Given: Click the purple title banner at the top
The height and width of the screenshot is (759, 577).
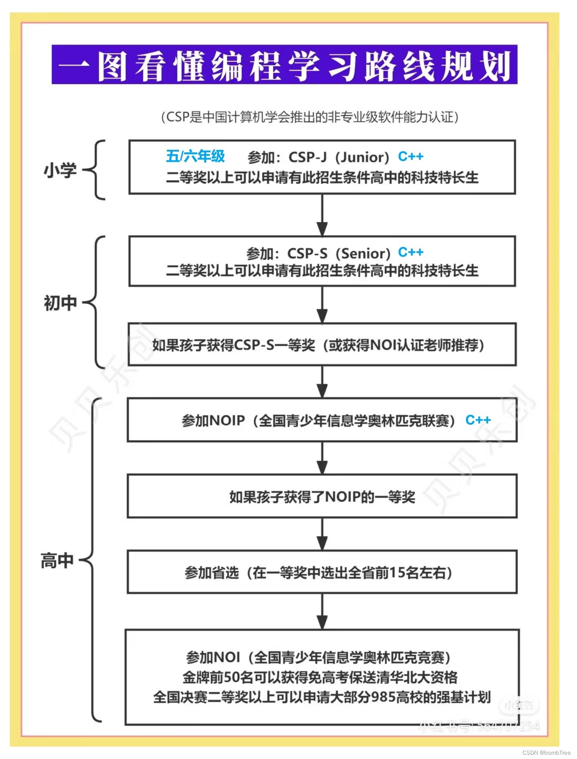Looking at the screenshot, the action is pos(284,64).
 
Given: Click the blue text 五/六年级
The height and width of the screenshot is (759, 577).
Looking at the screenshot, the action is pos(195,156).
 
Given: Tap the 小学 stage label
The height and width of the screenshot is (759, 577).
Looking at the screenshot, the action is pos(60,170).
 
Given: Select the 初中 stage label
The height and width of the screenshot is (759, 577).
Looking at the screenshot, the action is pos(60,303).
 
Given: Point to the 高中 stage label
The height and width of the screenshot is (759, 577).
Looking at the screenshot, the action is pos(57,561).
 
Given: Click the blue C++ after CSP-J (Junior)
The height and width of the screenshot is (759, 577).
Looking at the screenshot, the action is pos(410,156).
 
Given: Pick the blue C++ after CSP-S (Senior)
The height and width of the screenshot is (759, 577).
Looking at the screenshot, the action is pos(410,252).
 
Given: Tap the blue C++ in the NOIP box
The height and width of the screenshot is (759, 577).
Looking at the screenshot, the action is pos(477,420).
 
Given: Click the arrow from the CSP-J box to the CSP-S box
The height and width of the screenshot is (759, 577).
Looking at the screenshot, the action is pos(322,215).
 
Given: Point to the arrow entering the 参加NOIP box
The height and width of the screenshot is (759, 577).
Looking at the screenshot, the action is pos(322,382).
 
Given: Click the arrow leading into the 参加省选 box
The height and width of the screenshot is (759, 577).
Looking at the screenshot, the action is pos(322,534).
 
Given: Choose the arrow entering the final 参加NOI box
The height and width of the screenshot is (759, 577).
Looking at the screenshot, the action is pos(322,612).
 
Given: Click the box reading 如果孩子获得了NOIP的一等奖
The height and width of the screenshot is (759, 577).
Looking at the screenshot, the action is pos(322,496).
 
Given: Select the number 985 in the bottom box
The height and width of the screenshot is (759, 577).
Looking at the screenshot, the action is pos(383,697).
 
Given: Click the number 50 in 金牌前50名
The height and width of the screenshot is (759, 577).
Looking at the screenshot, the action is pos(232,677).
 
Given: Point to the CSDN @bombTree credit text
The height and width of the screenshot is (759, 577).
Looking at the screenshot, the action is pos(546,753).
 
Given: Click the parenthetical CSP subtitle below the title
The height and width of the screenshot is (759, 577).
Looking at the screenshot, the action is pos(309,117).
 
